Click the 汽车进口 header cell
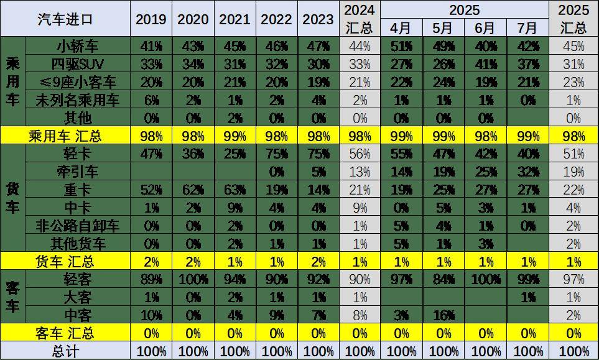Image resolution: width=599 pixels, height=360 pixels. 65,19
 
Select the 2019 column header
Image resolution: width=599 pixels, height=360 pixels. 151,19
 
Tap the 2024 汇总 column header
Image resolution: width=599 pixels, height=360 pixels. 360,19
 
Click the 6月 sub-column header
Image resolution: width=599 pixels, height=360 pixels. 485,28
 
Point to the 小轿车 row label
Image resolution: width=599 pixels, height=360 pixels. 78,45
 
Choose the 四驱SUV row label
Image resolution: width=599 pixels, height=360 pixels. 78,63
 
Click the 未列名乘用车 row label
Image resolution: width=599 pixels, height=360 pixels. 78,99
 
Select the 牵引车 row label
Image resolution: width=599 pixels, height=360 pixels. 78,172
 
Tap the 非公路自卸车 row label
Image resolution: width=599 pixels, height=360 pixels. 78,226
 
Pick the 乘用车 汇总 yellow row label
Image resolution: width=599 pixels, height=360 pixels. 65,136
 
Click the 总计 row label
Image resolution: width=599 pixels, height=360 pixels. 65,352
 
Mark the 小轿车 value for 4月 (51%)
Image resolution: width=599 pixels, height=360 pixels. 401,45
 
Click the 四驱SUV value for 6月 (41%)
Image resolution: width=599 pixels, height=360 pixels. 485,63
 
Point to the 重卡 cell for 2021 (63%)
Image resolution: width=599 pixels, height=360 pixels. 234,190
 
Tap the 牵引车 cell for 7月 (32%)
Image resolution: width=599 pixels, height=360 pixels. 527,172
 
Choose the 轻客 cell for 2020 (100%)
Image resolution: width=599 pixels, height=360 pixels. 193,280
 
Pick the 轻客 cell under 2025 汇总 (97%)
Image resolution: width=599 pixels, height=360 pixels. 573,280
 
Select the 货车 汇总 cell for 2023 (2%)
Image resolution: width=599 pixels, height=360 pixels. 318,262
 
